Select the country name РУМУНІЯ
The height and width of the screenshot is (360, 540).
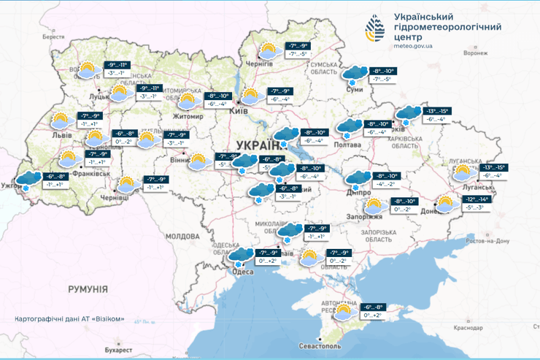[x=88, y=289]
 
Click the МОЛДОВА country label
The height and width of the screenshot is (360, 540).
[x=182, y=237]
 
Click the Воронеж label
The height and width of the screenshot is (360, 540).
[x=475, y=53]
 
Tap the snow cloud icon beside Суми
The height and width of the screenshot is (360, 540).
[x=355, y=74]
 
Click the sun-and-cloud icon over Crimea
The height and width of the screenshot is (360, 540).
[x=342, y=312]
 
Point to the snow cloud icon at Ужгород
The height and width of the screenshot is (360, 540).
[x=28, y=180]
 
